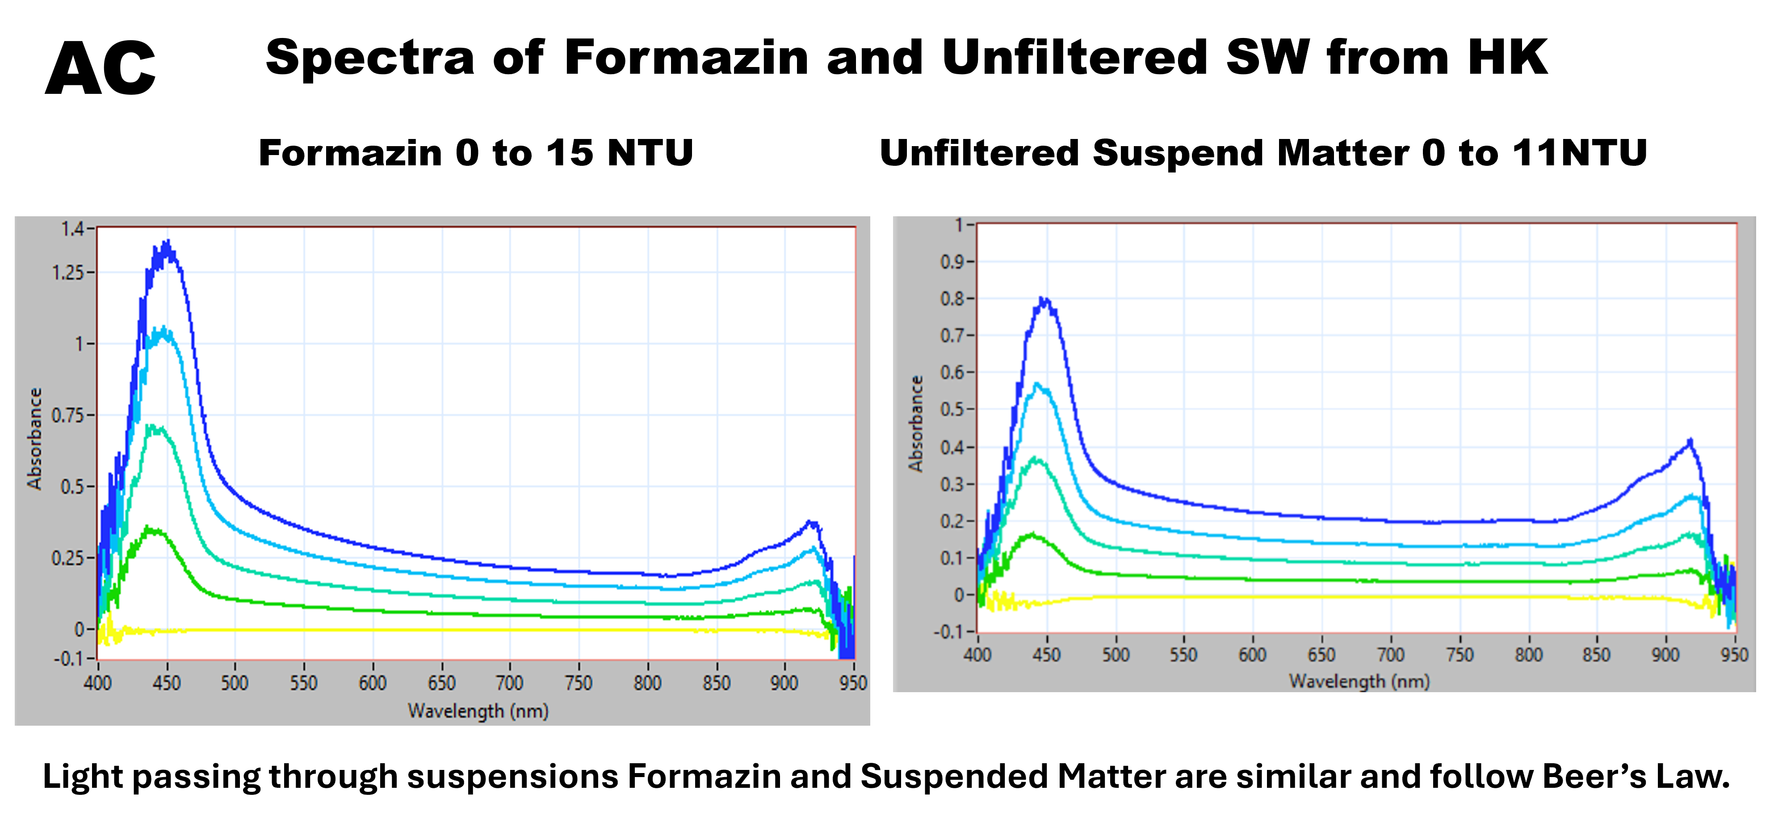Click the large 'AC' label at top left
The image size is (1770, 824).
tap(101, 69)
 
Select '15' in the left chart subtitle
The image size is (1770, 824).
tap(570, 152)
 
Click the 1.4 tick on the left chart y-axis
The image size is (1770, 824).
tap(72, 229)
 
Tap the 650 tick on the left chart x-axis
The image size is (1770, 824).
tap(441, 682)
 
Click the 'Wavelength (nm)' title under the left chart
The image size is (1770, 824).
tap(478, 710)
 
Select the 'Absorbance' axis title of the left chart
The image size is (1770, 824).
tap(34, 438)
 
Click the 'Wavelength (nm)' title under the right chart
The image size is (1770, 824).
tap(1359, 681)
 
